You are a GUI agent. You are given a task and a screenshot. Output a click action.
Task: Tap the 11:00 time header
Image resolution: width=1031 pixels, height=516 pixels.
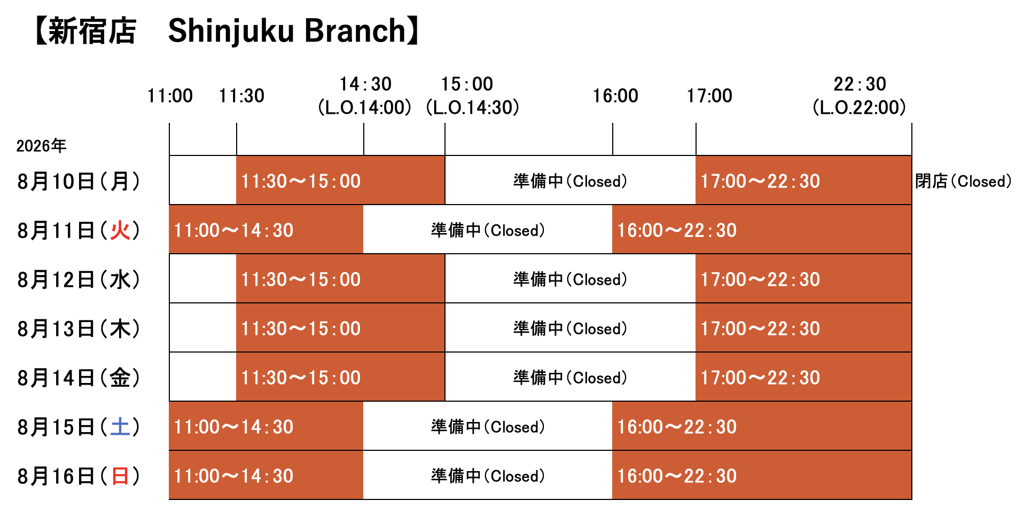[x=170, y=96]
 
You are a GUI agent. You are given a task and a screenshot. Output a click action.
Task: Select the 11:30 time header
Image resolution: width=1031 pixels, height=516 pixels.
[x=241, y=96]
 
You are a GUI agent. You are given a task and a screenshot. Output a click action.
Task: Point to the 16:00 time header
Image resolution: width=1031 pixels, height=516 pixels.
[x=615, y=96]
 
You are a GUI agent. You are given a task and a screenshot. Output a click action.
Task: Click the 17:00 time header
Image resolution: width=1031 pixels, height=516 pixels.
[x=709, y=96]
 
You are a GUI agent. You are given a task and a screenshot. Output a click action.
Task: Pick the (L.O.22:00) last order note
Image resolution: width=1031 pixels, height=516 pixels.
[x=859, y=107]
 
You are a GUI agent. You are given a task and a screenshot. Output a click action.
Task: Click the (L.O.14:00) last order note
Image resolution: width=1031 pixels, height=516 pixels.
[x=364, y=107]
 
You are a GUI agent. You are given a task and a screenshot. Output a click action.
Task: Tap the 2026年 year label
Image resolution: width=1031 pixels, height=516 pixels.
[x=41, y=146]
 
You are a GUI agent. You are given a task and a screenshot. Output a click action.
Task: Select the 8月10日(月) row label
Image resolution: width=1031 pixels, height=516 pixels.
[x=79, y=182]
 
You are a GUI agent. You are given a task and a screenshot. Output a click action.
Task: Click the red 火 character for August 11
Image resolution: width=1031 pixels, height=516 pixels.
[x=120, y=231]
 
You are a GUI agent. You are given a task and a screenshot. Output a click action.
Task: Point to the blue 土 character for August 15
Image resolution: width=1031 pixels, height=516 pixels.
[x=120, y=427]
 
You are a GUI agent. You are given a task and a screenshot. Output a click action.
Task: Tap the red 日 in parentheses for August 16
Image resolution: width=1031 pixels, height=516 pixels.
[x=120, y=476]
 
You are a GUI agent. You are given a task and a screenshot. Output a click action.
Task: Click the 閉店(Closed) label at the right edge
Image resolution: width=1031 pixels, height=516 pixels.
[x=963, y=182]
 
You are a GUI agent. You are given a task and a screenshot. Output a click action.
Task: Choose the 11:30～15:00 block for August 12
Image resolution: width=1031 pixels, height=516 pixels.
[x=340, y=279]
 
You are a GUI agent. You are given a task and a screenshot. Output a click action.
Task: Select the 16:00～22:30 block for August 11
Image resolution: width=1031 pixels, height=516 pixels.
[x=762, y=230]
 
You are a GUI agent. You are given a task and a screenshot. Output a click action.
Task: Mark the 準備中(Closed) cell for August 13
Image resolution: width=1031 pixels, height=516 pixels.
[x=570, y=328]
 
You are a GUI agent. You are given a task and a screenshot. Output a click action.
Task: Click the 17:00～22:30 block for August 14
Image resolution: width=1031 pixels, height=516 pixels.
[x=803, y=377]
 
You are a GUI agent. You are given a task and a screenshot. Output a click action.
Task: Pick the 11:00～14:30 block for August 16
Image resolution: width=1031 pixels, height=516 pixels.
[x=266, y=475]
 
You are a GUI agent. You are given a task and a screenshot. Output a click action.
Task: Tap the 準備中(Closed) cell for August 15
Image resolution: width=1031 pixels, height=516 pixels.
[x=488, y=426]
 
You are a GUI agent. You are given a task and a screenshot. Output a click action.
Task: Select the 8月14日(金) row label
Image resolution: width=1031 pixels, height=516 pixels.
[x=79, y=378]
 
